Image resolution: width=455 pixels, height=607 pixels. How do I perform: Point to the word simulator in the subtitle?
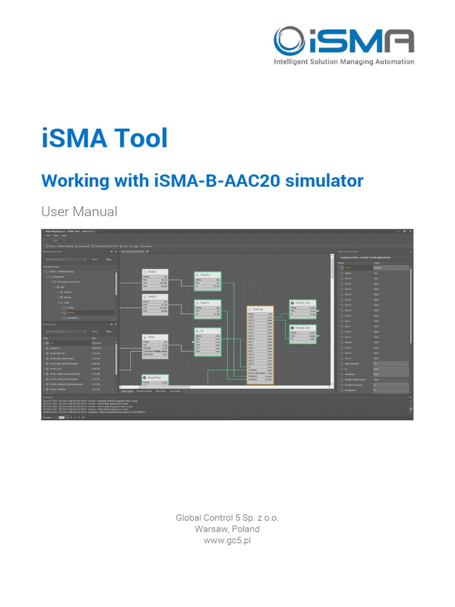pos(325,180)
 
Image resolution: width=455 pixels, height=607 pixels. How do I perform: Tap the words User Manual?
pos(79,212)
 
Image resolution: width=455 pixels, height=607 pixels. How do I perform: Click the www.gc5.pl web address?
pos(227,541)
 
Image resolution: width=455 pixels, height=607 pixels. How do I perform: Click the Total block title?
pos(152,337)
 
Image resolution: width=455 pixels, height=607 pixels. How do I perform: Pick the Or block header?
pos(203,331)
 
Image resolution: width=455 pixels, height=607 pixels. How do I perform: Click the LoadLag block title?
pos(258,309)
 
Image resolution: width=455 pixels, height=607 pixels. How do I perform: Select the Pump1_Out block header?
pos(302,303)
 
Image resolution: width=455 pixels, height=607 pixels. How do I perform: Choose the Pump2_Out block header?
pos(302,327)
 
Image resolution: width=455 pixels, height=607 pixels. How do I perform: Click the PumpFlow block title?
pos(154,376)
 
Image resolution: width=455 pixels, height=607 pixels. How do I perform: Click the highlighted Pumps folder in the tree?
pos(72,312)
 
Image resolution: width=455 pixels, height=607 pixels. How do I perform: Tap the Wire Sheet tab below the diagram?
pos(127,391)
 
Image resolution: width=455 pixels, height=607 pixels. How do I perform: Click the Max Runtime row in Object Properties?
pos(355,363)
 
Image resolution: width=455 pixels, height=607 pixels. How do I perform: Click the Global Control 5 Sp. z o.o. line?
pos(227,517)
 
